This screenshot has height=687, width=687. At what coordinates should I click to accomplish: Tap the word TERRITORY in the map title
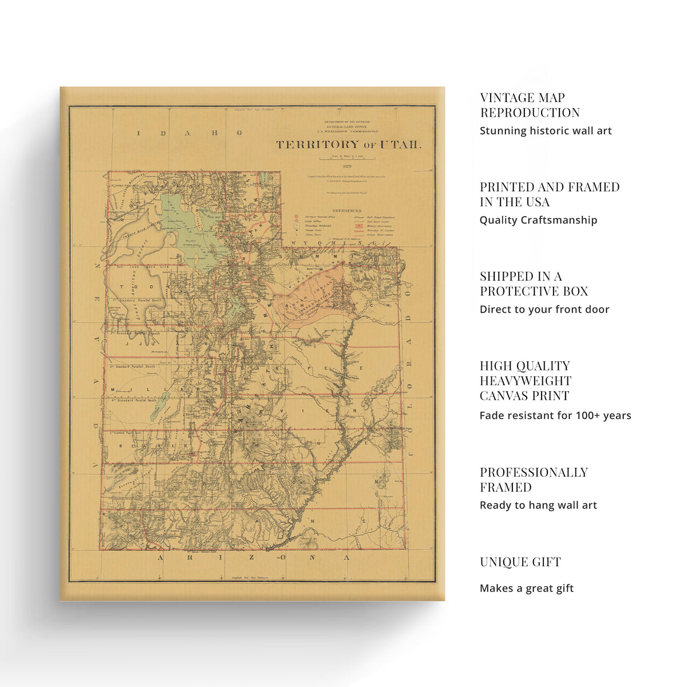318,145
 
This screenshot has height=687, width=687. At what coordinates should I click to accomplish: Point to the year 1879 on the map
348,166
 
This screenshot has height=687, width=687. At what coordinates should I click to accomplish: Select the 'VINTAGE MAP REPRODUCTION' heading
530,105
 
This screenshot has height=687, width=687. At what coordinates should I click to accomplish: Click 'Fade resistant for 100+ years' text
555,416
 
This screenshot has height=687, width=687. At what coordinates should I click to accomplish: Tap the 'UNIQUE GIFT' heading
520,562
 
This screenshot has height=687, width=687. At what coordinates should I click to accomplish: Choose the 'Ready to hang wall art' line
538,505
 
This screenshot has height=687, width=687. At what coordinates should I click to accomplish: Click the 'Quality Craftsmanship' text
538,220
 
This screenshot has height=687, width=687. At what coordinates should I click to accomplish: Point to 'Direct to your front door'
544,309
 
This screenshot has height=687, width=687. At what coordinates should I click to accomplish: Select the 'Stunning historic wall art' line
546,131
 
